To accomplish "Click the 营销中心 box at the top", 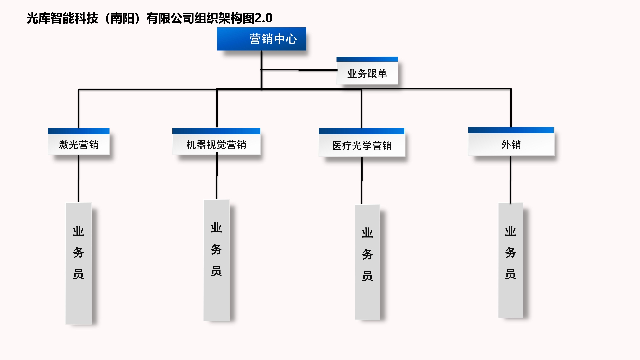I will (x=261, y=39).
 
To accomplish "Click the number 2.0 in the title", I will (x=263, y=18).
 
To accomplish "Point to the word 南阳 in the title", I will (x=122, y=18).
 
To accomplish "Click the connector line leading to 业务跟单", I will (x=300, y=70).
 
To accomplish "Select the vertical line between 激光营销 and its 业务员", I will (x=79, y=178).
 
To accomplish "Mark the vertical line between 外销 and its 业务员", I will (x=510, y=179).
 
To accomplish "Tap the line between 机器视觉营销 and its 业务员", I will (x=217, y=177).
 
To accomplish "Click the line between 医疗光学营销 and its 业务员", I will (x=362, y=180).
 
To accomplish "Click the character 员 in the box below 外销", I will (x=510, y=274).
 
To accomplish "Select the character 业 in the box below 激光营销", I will (x=78, y=231).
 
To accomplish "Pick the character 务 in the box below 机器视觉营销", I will (x=216, y=249).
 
